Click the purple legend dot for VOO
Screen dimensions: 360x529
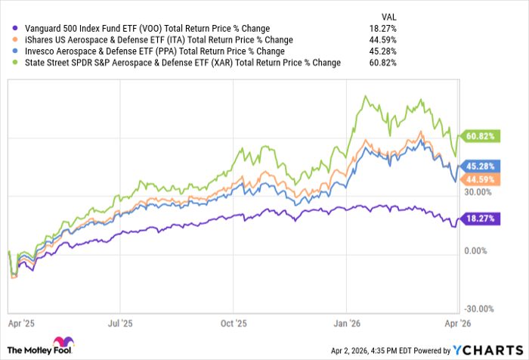click(x=8, y=29)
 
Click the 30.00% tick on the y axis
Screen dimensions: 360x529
click(x=478, y=192)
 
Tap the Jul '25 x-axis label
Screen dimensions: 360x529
click(x=120, y=321)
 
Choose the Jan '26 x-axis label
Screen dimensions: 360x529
click(x=346, y=321)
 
